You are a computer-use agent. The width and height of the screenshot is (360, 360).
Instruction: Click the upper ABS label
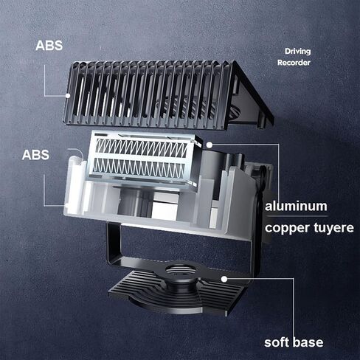pyautogui.click(x=49, y=46)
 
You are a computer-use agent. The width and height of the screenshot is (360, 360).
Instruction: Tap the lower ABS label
pyautogui.click(x=35, y=155)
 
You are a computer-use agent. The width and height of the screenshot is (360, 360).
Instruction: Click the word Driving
pyautogui.click(x=298, y=52)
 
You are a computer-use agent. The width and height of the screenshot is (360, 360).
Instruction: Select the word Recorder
pyautogui.click(x=294, y=63)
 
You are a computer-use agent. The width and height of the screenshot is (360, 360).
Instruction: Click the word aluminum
pyautogui.click(x=296, y=206)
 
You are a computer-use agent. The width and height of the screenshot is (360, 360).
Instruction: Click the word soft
pyautogui.click(x=275, y=342)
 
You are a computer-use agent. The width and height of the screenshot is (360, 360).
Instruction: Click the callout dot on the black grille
pyautogui.click(x=68, y=96)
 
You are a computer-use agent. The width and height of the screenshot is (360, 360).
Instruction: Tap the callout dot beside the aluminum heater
pyautogui.click(x=210, y=145)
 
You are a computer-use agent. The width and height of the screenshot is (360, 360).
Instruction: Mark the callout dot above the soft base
pyautogui.click(x=224, y=279)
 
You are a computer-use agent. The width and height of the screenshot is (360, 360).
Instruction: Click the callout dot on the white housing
pyautogui.click(x=67, y=206)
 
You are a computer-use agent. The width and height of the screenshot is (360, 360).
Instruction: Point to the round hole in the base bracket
pyautogui.click(x=181, y=270)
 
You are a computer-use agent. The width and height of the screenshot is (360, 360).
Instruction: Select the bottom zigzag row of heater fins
pyautogui.click(x=139, y=165)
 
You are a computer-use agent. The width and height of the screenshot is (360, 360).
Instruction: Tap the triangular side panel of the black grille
pyautogui.click(x=249, y=98)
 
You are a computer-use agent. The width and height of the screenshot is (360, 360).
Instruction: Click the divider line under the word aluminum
pyautogui.click(x=297, y=216)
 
